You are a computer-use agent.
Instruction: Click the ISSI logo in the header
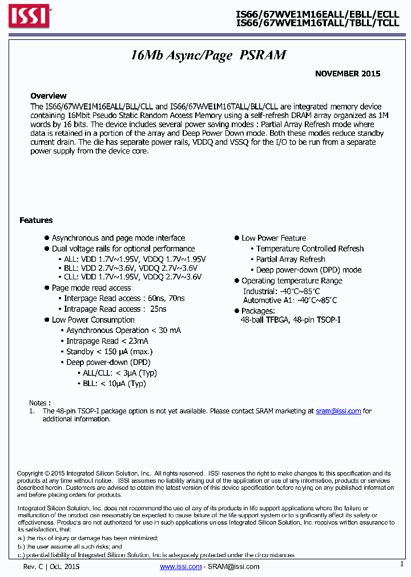pos(29,17)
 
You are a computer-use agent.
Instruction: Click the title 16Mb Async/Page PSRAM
pos(208,55)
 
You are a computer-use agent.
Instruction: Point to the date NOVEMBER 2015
pos(348,74)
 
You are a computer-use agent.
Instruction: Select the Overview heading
pos(49,96)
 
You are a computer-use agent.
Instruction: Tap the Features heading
pos(36,220)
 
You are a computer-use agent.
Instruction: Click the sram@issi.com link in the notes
pos(338,411)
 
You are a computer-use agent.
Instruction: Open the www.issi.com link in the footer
pos(180,566)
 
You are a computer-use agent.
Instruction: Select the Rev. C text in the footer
pos(34,566)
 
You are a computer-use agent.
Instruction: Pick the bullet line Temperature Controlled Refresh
pos(309,249)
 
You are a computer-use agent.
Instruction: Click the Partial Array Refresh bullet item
pos(291,259)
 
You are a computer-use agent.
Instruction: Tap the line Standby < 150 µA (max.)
pos(109,352)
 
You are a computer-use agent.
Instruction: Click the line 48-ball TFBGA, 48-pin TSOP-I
pos(291,320)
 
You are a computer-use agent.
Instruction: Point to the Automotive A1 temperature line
pos(290,300)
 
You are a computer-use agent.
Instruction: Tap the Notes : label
pos(39,403)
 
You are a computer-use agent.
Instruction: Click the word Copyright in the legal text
pos(30,473)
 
